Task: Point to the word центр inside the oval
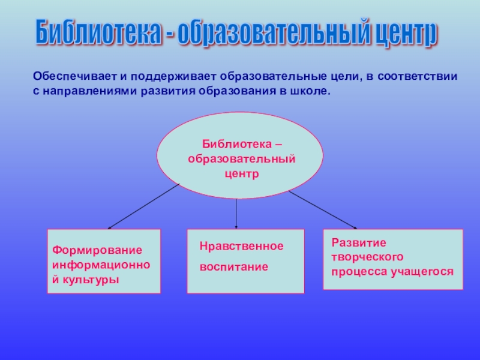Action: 240,174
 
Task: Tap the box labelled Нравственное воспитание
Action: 245,261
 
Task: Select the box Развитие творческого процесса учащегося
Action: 393,259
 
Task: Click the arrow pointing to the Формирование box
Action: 144,206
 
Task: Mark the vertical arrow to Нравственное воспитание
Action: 236,213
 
